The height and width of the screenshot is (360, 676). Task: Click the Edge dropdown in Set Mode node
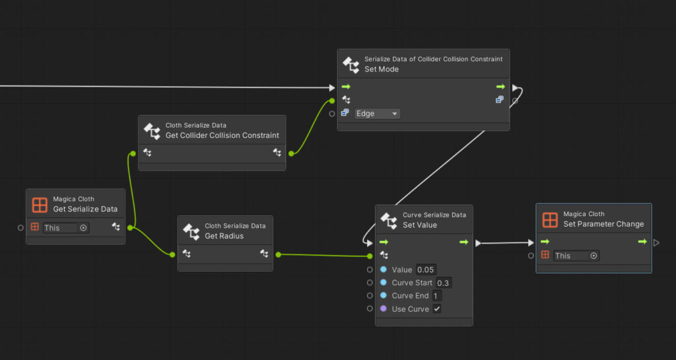377,114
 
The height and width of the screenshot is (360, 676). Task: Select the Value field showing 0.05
426,270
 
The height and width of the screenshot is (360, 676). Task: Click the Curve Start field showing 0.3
444,283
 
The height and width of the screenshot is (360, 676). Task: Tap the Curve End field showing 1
436,296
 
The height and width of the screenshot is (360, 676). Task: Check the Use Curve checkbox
437,309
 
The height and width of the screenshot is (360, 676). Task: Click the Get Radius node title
224,236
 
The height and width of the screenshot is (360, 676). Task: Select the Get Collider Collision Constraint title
222,135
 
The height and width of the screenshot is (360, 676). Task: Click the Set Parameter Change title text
603,224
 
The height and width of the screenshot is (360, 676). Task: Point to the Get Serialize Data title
85,209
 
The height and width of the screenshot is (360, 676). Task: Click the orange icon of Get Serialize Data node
40,204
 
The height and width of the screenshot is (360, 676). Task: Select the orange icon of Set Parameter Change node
549,219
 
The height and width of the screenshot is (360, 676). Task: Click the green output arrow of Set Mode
500,87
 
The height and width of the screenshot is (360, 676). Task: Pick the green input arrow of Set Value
384,242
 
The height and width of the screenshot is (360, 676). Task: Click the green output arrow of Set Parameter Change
642,242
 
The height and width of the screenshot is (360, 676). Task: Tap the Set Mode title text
382,69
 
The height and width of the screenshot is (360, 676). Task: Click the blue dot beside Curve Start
384,283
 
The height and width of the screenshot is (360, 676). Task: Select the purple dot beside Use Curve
384,309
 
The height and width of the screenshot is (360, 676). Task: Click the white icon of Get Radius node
191,231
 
